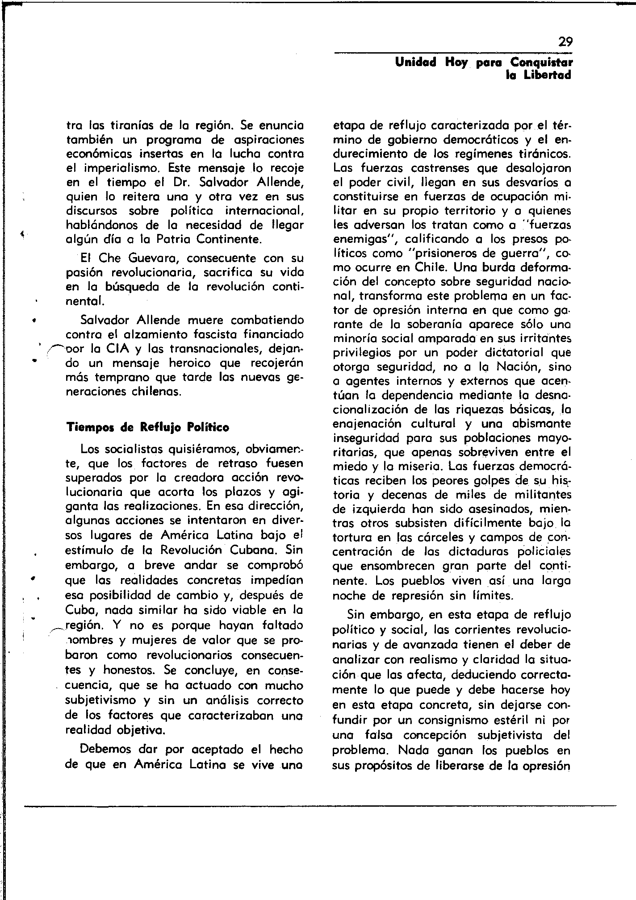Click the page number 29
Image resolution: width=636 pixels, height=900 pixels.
(x=565, y=42)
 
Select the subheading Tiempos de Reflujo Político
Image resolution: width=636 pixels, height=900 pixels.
(x=147, y=427)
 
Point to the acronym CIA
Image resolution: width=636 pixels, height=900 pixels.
(x=119, y=348)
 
